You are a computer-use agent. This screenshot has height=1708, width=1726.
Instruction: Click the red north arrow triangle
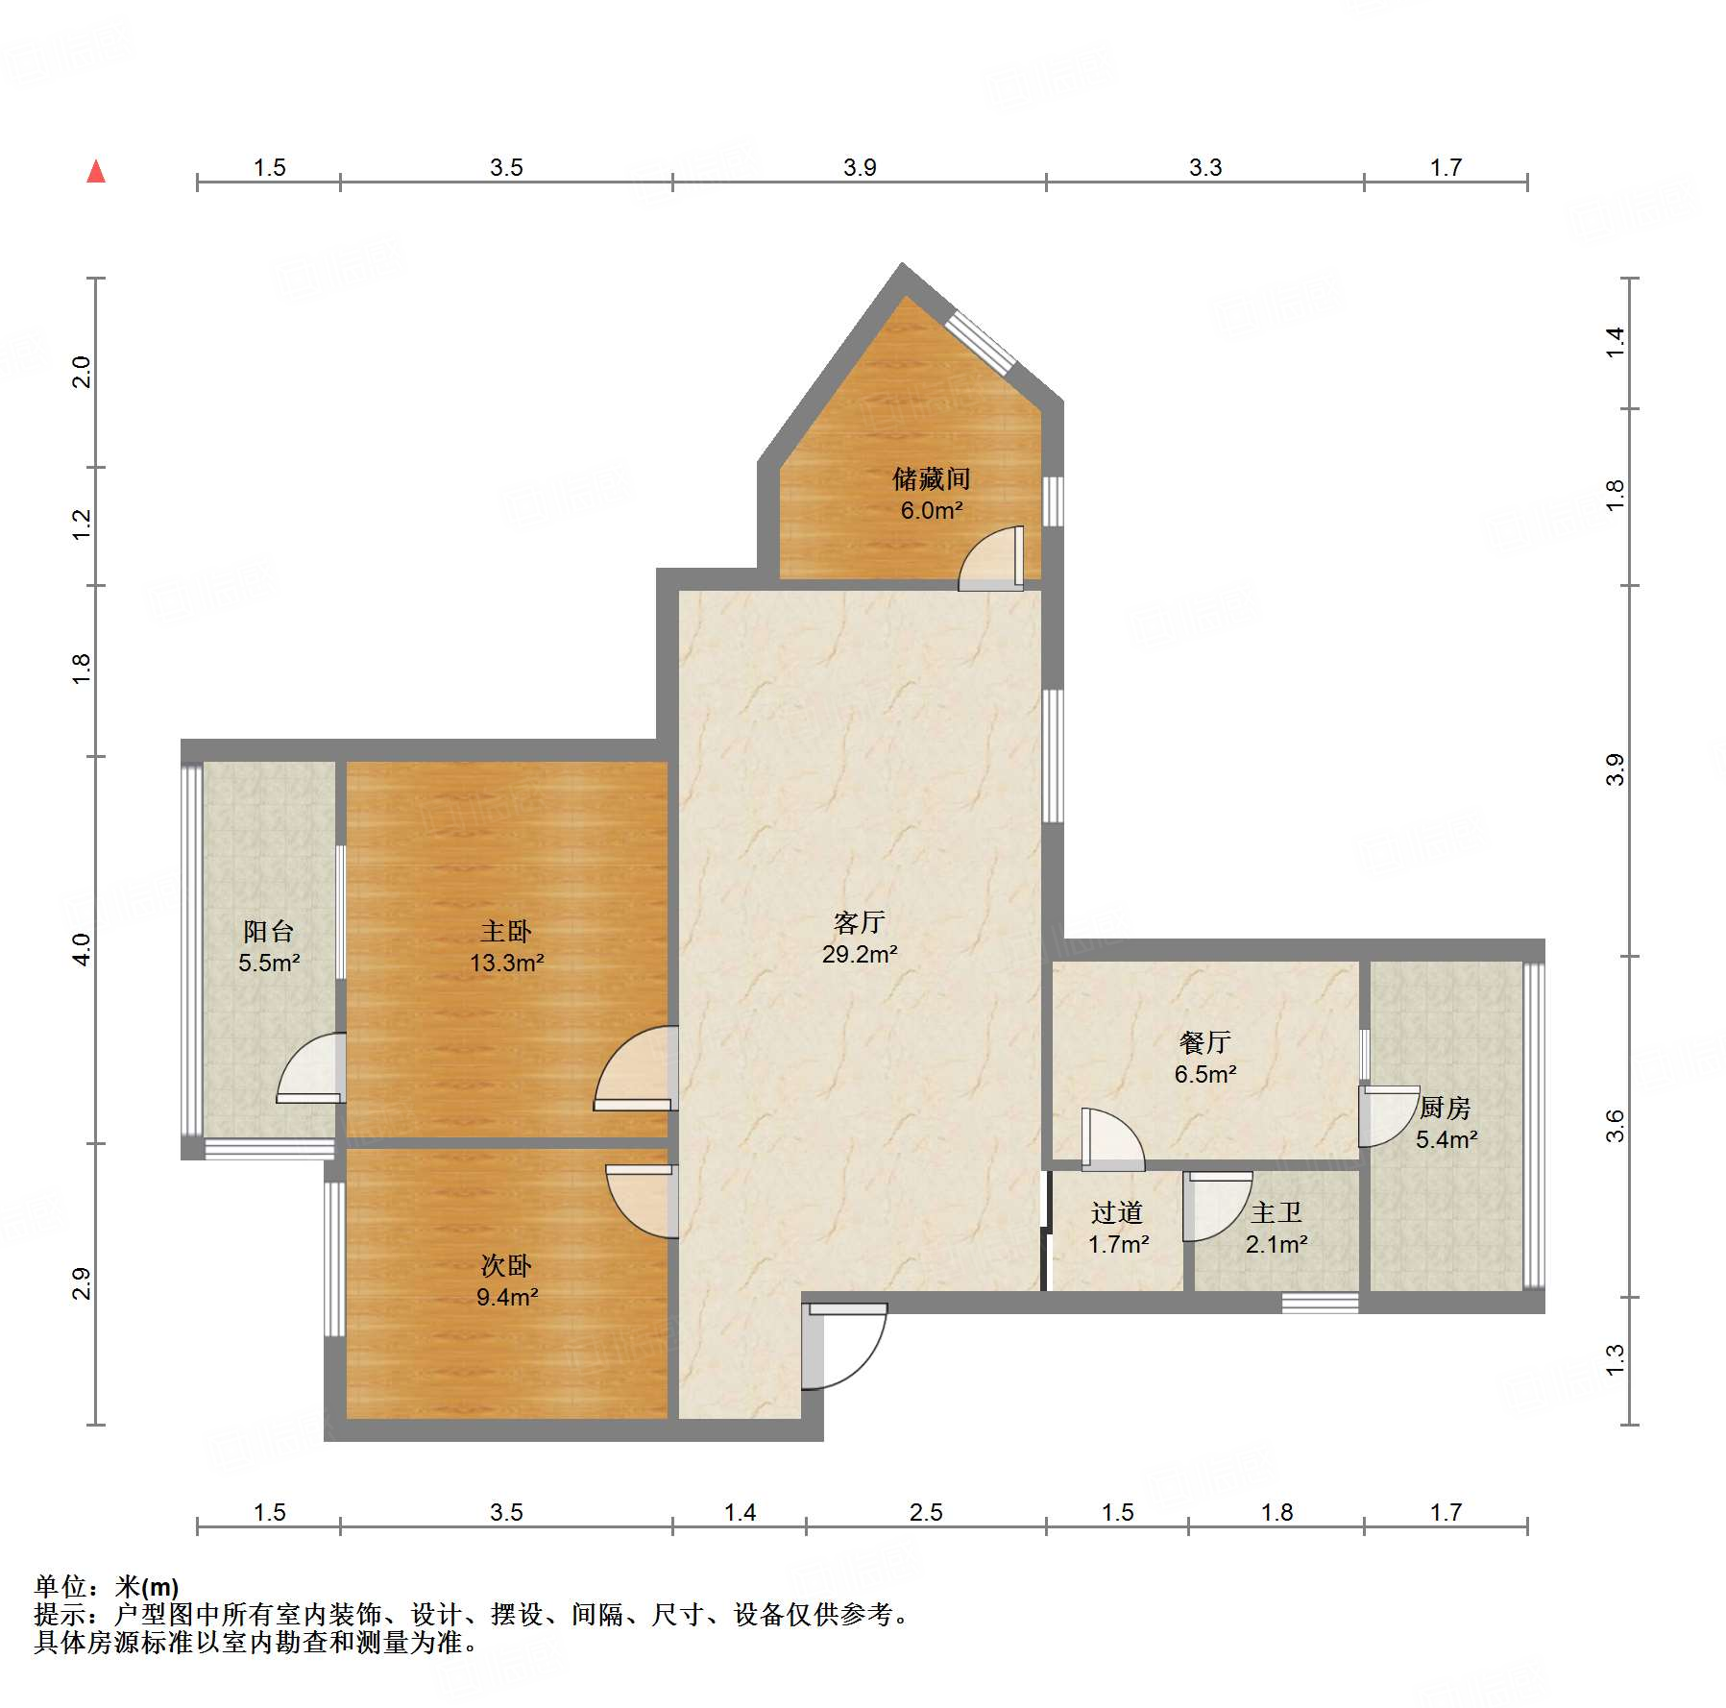(x=96, y=172)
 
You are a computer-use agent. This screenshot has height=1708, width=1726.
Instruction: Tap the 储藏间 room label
(x=931, y=478)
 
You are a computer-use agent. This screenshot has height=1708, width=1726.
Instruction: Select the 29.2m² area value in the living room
(x=859, y=954)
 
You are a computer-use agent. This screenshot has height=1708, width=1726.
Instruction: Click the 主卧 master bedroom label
(x=506, y=931)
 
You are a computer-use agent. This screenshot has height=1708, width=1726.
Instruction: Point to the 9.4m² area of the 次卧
(x=507, y=1297)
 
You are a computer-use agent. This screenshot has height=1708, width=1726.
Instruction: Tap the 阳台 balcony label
(x=268, y=931)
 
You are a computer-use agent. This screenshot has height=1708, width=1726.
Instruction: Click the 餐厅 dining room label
(x=1204, y=1042)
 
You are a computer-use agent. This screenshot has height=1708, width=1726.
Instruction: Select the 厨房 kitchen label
(x=1445, y=1108)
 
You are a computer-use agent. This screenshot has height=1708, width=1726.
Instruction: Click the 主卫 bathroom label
(x=1276, y=1213)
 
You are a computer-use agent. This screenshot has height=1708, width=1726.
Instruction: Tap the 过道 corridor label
(x=1117, y=1213)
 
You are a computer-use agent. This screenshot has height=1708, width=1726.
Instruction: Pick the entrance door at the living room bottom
(x=843, y=1345)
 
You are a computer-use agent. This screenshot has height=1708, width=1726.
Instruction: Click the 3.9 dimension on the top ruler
(x=860, y=167)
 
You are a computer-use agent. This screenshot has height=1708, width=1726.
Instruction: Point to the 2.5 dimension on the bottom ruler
(x=926, y=1512)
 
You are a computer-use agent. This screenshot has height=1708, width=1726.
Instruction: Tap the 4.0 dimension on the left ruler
(x=82, y=949)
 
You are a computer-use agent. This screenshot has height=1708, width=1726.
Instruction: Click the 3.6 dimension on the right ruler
(x=1615, y=1125)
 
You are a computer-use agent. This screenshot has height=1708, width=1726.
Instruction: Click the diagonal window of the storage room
(x=980, y=341)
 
